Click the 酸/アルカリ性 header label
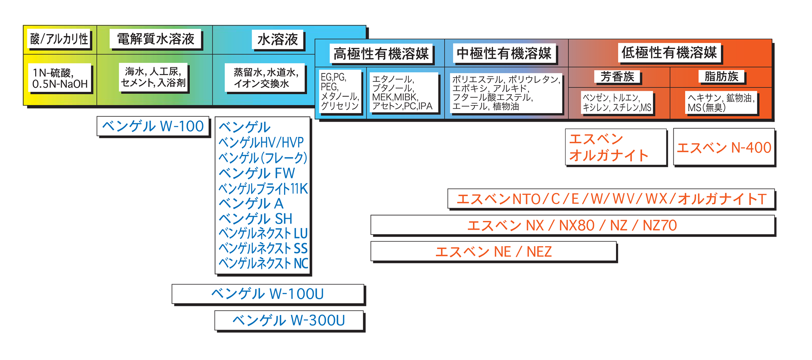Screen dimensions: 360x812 point(59,39)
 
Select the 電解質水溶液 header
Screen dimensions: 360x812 point(156,39)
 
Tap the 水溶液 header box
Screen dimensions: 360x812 point(278,39)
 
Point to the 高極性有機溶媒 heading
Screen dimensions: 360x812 point(381,54)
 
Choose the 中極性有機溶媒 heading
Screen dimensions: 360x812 point(504,53)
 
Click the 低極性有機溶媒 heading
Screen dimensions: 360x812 point(669,53)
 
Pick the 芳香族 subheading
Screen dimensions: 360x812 point(617,76)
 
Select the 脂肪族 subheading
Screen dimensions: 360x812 point(721,76)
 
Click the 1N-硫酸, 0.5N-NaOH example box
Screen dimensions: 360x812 point(60,78)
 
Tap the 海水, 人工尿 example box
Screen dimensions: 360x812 point(153,77)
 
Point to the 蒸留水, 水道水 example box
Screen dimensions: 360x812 point(265,78)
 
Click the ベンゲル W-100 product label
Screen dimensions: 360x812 point(153,126)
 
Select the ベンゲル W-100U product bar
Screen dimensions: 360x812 point(267,294)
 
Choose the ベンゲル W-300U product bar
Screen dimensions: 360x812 point(289,320)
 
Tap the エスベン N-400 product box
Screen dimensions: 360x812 point(724,148)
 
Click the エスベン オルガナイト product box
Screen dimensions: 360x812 point(615,147)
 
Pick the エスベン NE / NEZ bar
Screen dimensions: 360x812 point(493,252)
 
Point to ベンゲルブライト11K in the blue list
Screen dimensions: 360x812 point(263,188)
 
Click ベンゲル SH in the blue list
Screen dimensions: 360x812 point(255,219)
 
